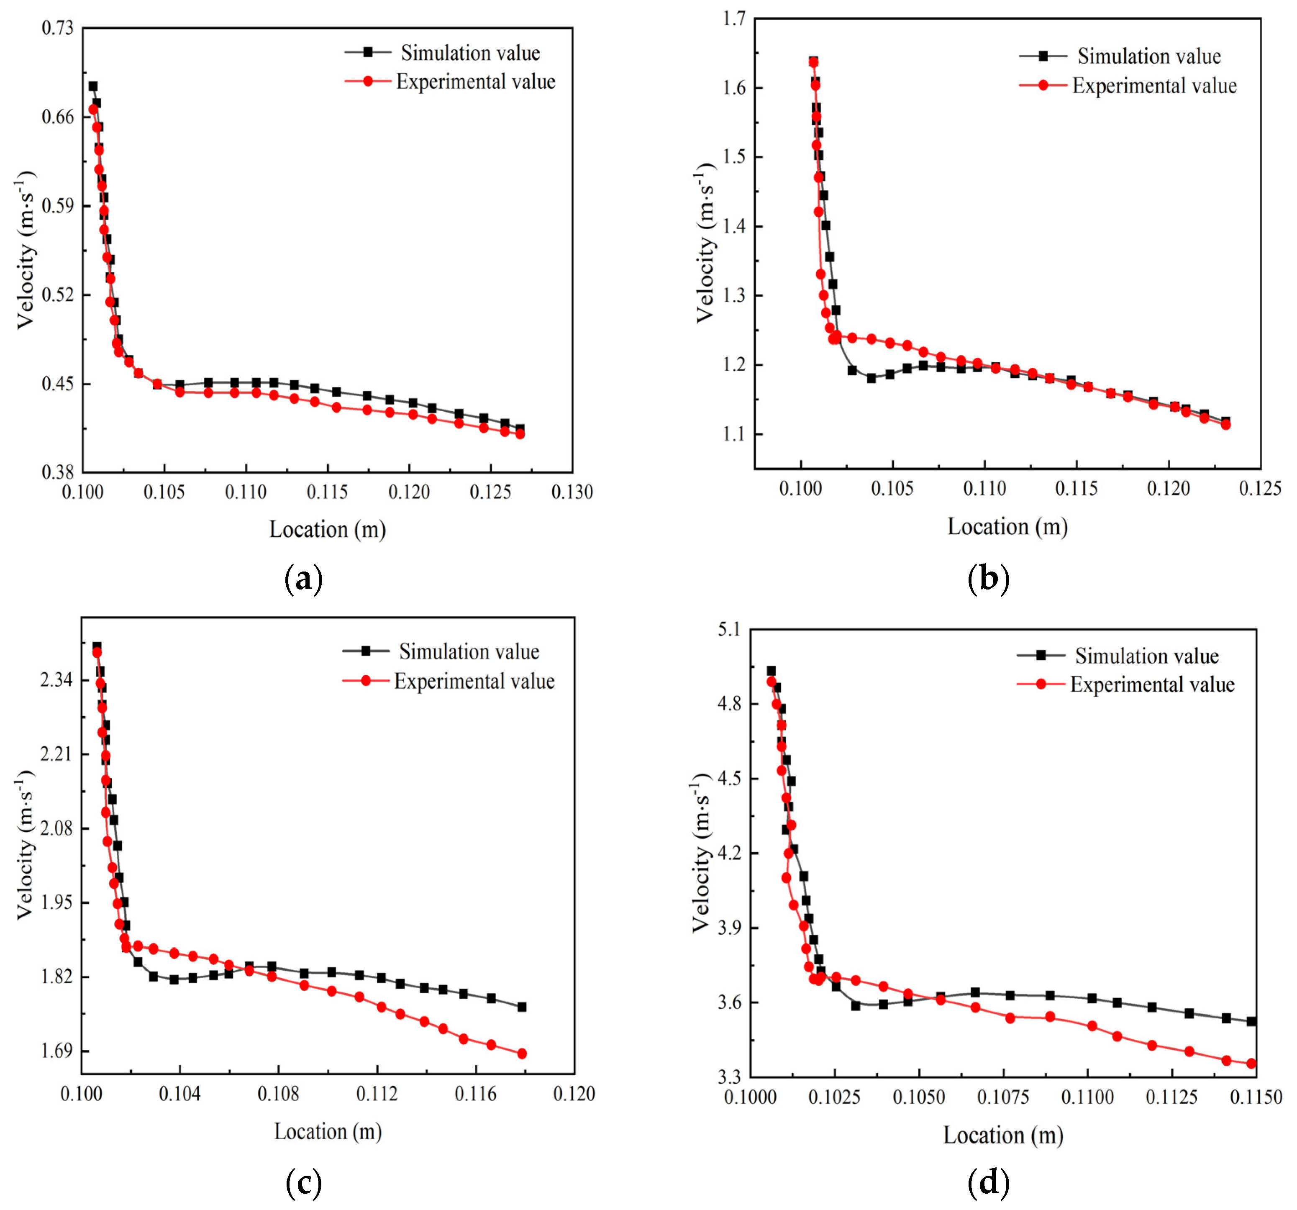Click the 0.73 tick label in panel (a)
click(x=57, y=28)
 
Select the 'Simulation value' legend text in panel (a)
click(x=470, y=53)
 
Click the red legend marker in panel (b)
click(x=1043, y=85)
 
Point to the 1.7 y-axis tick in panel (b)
click(x=734, y=19)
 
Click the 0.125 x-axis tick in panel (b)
click(x=1259, y=489)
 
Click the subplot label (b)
click(x=988, y=579)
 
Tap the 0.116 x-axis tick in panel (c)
click(x=476, y=1094)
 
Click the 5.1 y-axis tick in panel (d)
click(x=729, y=629)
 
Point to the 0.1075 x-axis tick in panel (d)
click(x=1003, y=1097)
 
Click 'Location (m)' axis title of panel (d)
click(x=1003, y=1136)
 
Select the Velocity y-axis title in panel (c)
click(x=25, y=846)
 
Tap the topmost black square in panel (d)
click(x=771, y=671)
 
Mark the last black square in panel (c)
click(x=521, y=1007)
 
